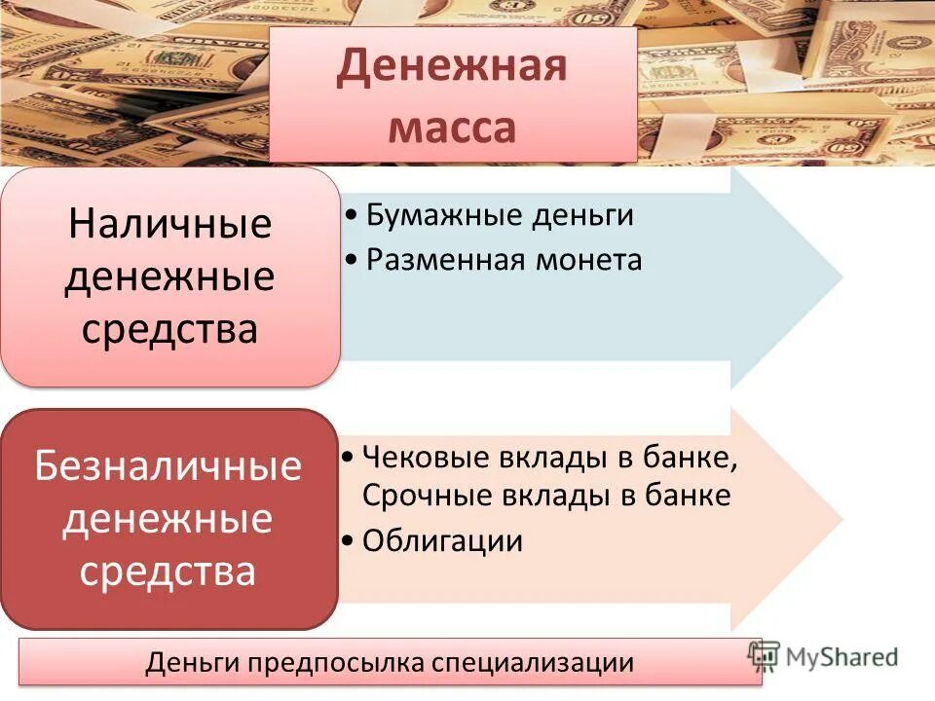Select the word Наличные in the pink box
(169, 225)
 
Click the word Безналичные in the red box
(168, 465)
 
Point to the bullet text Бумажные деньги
(500, 215)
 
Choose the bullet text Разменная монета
(504, 260)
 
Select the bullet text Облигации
(442, 541)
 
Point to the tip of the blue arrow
(841, 278)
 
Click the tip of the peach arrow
(841, 518)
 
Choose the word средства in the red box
(168, 570)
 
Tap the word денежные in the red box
(168, 518)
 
